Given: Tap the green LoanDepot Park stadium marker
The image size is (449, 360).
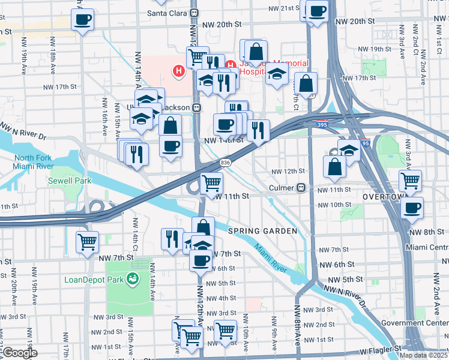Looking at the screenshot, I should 133,278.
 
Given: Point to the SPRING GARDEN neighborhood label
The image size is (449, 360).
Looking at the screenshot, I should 263,231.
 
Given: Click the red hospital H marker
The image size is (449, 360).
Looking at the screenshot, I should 178,71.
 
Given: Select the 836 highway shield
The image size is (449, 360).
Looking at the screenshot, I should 226,162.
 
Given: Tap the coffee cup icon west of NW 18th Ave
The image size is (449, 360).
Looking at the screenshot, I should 83,19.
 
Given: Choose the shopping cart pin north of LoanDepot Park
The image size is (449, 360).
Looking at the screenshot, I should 88,242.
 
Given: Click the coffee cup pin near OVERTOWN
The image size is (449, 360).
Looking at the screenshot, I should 412,208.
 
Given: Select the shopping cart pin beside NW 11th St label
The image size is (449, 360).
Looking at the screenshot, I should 211,184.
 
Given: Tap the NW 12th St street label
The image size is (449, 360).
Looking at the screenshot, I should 286,171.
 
